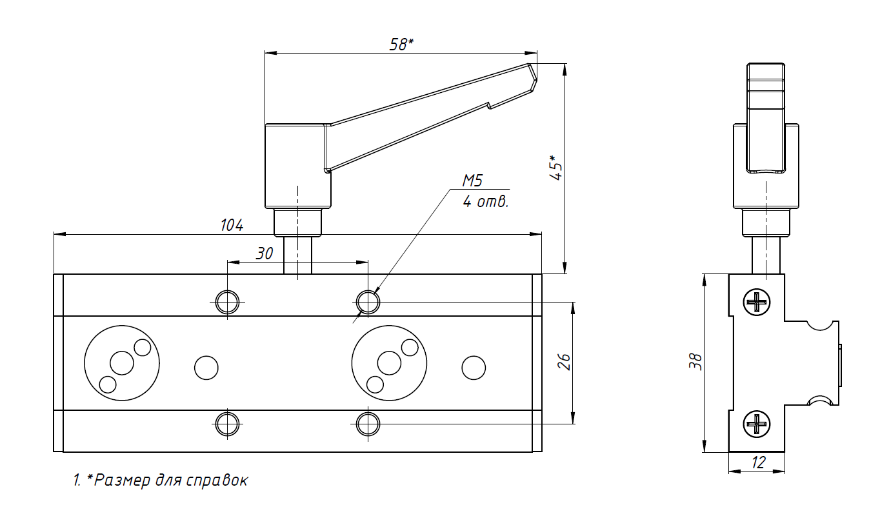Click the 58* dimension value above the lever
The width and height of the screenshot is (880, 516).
coord(401,44)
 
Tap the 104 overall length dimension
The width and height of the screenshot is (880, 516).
coord(232,225)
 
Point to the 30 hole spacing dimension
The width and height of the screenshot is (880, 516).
coord(265,253)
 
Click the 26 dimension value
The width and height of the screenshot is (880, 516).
coord(563,362)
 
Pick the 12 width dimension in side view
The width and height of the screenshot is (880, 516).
coord(758,462)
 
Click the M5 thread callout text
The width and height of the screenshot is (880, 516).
coord(473,181)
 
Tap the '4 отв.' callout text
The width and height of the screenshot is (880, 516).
coord(486,202)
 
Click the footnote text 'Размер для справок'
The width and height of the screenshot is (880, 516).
coord(171,481)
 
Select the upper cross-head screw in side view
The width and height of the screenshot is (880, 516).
coord(757,302)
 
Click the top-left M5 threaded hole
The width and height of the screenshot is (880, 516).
coord(227,301)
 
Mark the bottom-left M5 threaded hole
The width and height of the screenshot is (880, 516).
coord(227,424)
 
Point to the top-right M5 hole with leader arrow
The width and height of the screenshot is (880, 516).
coord(368,301)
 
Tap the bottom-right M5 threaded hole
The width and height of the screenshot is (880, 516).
coord(368,424)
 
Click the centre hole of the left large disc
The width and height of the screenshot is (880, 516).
coord(121,363)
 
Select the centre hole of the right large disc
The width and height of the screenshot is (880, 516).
coord(389,363)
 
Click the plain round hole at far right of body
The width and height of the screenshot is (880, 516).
coord(474,367)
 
